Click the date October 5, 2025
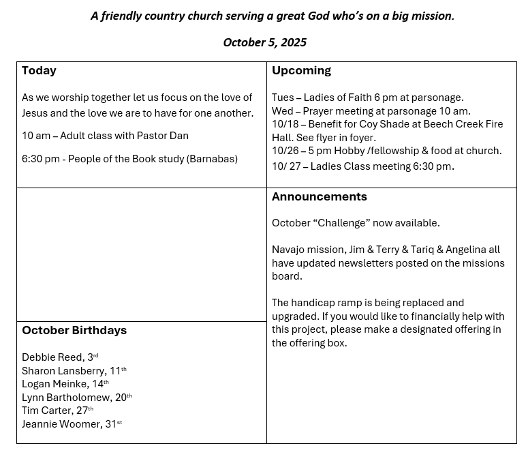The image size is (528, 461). [264, 42]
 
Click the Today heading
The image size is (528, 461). [39, 71]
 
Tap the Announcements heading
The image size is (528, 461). [319, 197]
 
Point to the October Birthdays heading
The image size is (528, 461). [74, 331]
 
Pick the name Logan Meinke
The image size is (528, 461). [55, 384]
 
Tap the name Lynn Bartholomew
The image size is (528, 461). [66, 398]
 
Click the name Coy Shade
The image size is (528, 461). [382, 124]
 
